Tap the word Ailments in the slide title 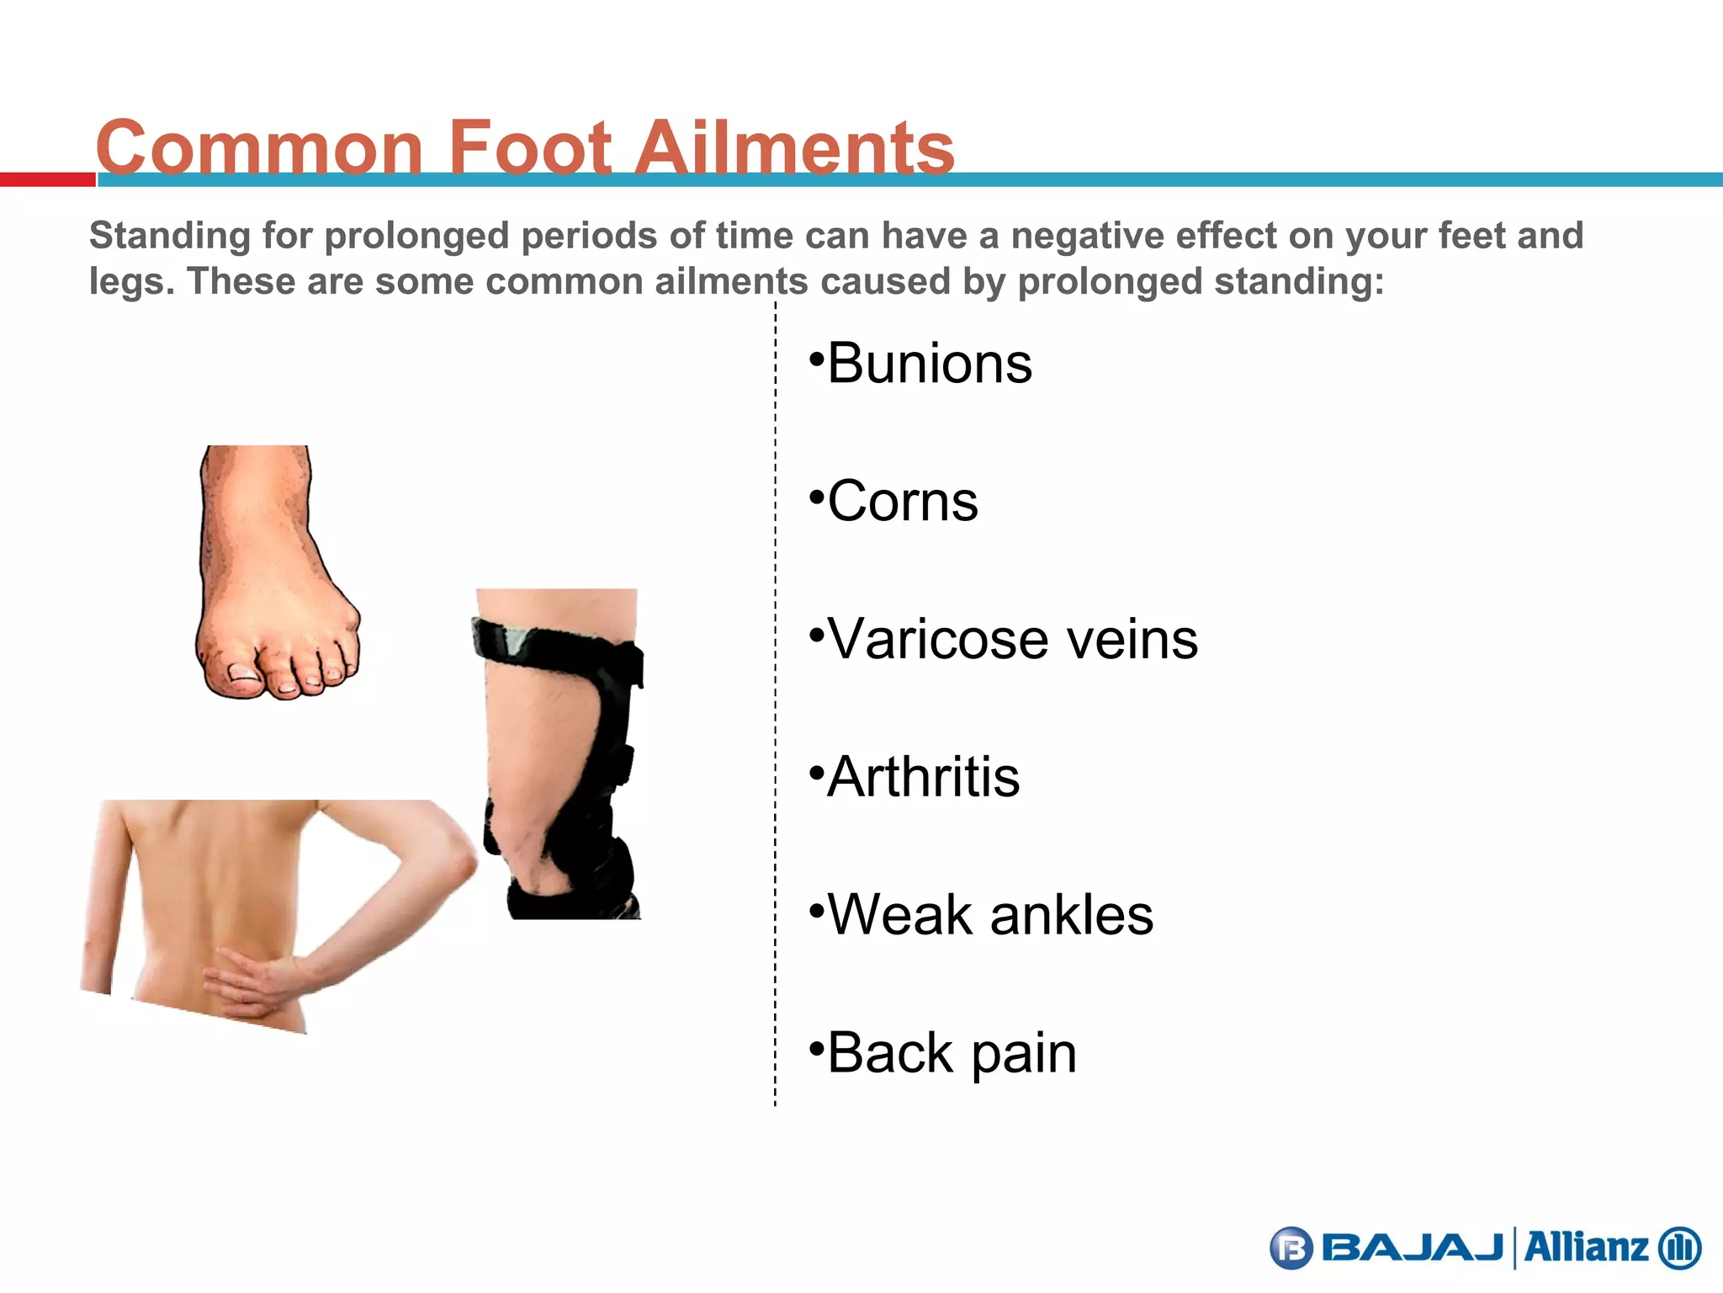794,147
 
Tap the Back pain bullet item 952,1052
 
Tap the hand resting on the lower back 252,985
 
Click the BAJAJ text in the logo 1413,1248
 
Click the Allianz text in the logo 1585,1248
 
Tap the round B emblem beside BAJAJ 1291,1248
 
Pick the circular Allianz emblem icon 1679,1248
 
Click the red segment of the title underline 47,179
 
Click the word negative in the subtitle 1085,236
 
